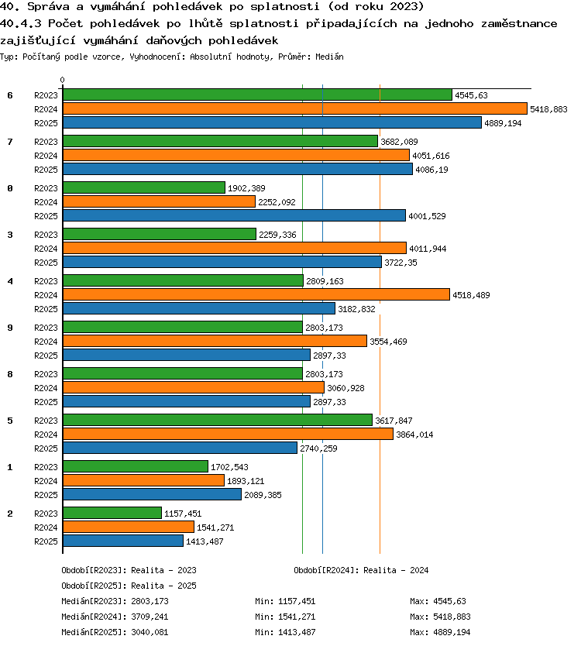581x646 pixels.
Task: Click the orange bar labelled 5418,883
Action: pos(295,108)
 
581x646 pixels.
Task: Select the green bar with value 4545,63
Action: pos(257,94)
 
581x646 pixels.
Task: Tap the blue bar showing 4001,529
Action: pos(234,215)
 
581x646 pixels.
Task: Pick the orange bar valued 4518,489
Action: pos(256,294)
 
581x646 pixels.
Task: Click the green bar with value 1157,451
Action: pos(112,513)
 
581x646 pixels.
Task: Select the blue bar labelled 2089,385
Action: pos(152,494)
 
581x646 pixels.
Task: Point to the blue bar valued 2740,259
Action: pos(180,448)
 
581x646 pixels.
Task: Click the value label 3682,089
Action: pos(399,142)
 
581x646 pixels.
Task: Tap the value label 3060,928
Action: pos(346,388)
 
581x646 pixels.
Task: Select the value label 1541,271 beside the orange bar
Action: pos(215,527)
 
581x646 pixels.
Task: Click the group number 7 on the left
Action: pos(10,142)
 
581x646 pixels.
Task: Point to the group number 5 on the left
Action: pos(10,421)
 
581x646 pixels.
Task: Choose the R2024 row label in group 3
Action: pos(46,249)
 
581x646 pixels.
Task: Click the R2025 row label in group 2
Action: pos(46,541)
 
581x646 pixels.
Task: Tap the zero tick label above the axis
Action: pos(62,80)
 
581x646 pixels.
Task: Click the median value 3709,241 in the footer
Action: pos(150,617)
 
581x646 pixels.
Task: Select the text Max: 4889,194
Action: pos(440,632)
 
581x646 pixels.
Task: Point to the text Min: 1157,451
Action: pos(285,601)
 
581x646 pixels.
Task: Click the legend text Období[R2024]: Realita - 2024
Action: pos(361,570)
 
